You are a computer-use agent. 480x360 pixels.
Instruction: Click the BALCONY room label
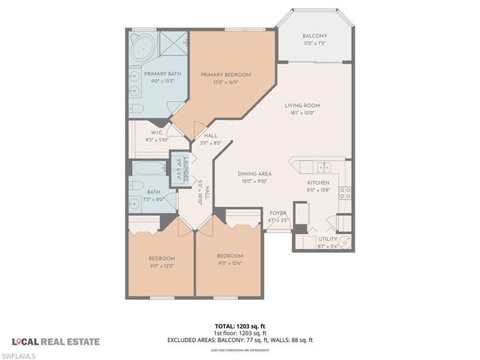[x=314, y=36]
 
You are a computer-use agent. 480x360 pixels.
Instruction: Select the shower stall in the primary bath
[x=175, y=46]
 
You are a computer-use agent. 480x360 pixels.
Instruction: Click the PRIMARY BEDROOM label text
[x=224, y=74]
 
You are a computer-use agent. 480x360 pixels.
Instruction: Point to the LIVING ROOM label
[x=302, y=106]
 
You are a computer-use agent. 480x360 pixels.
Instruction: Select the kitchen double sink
[x=322, y=167]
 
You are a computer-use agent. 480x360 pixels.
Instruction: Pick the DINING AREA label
[x=254, y=173]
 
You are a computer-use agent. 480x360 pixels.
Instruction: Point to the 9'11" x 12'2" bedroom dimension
[x=160, y=265]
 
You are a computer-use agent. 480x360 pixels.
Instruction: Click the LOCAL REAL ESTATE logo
[x=55, y=341]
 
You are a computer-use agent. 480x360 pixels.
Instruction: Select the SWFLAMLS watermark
[x=20, y=354]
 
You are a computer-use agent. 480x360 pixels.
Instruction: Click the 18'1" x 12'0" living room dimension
[x=302, y=113]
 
